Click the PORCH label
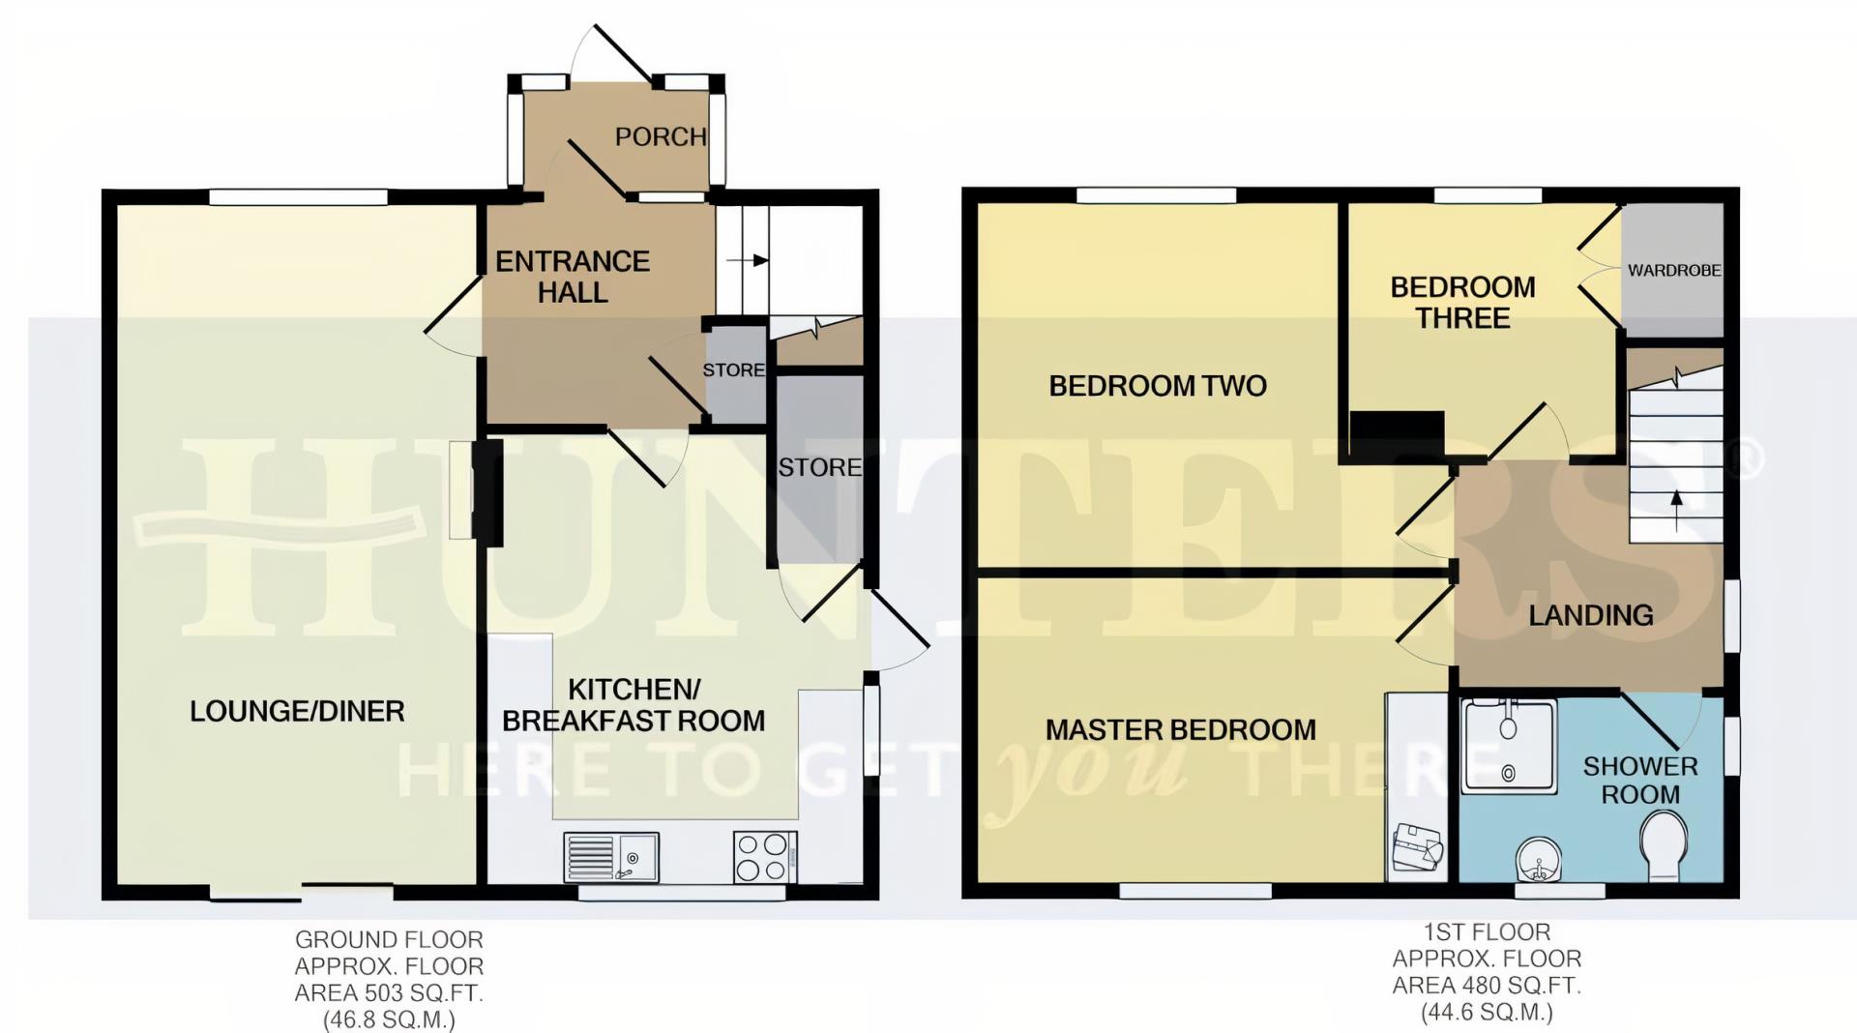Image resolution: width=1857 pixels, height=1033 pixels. coord(661,137)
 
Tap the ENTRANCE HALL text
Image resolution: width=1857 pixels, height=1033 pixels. coord(573,277)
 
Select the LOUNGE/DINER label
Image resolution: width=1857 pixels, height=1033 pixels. coord(297,712)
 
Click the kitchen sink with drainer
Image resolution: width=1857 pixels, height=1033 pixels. coord(610,858)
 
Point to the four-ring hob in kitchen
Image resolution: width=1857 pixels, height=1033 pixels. coord(761,857)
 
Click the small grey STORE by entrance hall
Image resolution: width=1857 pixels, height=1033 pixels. coord(734,370)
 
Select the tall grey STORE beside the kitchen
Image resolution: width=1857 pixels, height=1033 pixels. coord(819,468)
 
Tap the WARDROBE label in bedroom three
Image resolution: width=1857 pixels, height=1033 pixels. coord(1673,271)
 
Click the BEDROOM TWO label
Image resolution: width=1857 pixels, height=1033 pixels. coord(1158,387)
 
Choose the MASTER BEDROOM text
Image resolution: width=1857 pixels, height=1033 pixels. coord(1180,730)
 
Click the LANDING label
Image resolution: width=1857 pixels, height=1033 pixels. coord(1590,615)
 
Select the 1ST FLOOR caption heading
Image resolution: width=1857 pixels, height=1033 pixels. coord(1486,932)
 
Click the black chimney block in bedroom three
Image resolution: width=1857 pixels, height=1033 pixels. coord(1397,431)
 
